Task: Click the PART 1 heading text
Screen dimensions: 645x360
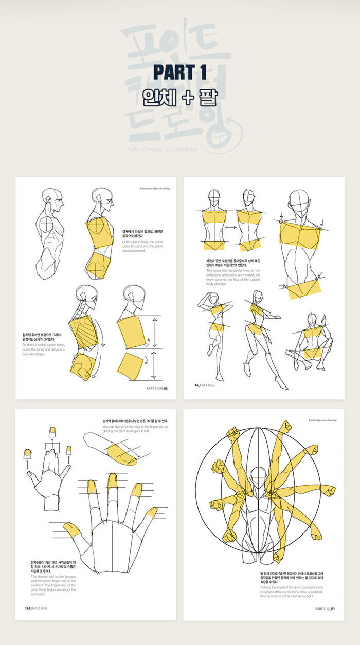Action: click(x=180, y=72)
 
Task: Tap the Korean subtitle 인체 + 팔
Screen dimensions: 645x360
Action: click(x=180, y=97)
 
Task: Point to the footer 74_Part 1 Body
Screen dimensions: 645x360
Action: click(x=205, y=385)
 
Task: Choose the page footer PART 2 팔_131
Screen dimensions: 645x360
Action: click(x=326, y=609)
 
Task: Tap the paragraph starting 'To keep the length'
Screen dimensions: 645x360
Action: click(x=292, y=591)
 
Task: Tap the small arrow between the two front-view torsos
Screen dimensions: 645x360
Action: click(x=230, y=227)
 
